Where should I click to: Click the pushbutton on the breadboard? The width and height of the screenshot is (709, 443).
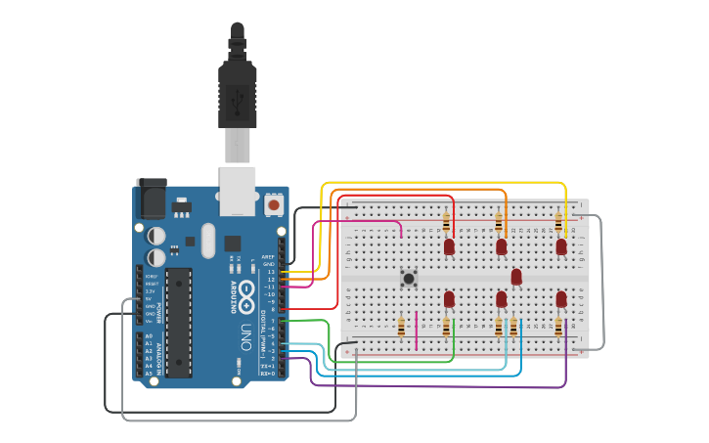(409, 279)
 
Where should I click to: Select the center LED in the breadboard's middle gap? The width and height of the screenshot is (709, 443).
(516, 277)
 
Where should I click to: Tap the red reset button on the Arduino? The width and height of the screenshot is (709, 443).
(273, 206)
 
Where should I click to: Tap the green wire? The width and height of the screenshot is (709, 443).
(391, 362)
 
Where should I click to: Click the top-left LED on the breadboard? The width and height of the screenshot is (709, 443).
(449, 246)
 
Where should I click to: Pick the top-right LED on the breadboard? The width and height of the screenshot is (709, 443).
(561, 246)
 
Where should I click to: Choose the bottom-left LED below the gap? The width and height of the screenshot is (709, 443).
(449, 297)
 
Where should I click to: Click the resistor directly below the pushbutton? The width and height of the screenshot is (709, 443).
(402, 327)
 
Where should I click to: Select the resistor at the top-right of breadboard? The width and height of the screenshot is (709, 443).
(559, 222)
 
